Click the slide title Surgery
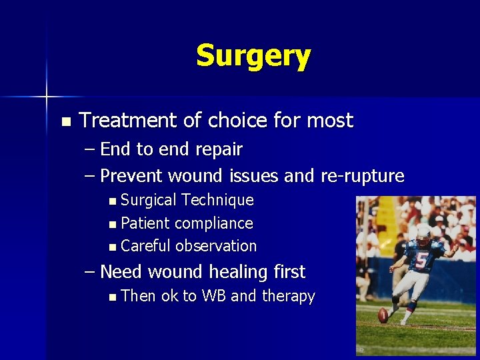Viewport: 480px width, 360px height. point(253,57)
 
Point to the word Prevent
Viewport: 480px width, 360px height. point(132,176)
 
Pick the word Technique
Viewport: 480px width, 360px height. point(217,200)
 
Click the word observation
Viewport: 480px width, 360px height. point(215,246)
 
